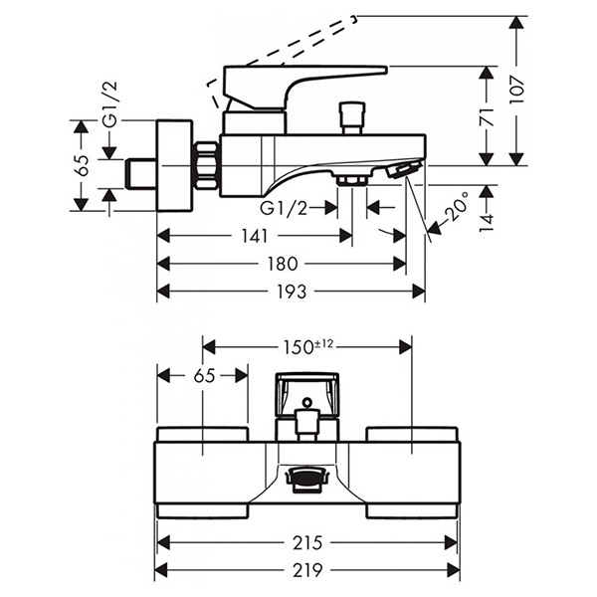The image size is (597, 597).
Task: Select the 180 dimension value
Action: tap(283, 264)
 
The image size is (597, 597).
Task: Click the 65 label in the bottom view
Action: tap(203, 375)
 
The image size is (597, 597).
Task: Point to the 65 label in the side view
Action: tap(83, 165)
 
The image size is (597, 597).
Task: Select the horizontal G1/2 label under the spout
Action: tap(284, 207)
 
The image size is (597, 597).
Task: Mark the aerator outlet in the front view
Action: tap(306, 480)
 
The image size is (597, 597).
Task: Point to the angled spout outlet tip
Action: tap(402, 170)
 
